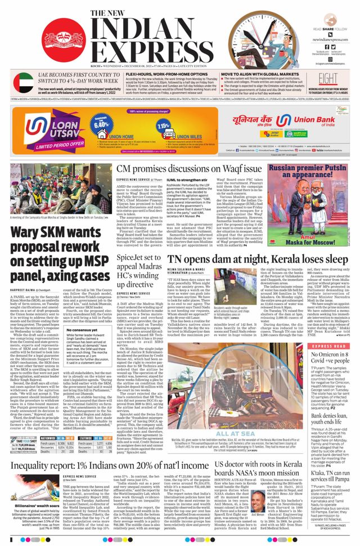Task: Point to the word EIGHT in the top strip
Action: (x=328, y=78)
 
